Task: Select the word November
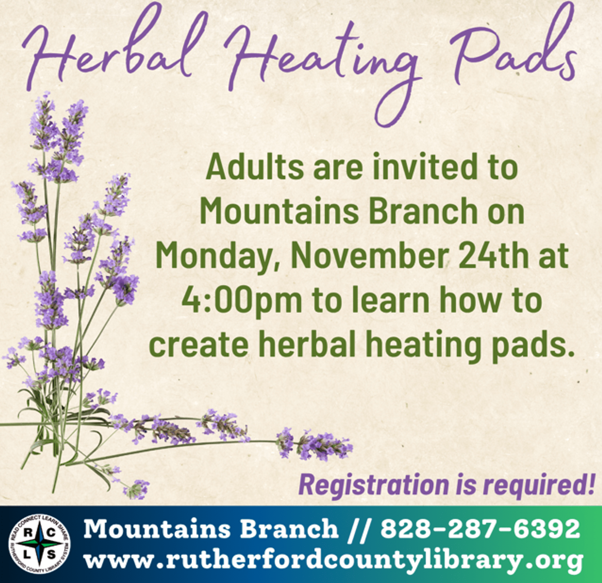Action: coord(369,256)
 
